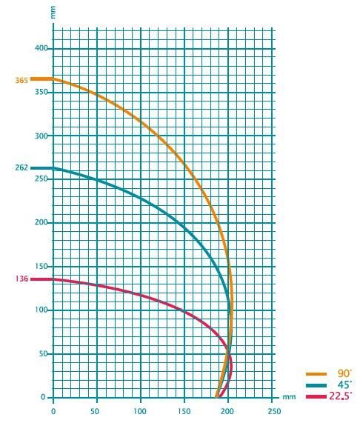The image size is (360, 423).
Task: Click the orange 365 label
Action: click(21, 81)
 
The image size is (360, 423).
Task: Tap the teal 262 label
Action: click(21, 168)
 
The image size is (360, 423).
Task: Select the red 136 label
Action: click(21, 279)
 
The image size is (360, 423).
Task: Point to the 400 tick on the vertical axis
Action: click(41, 48)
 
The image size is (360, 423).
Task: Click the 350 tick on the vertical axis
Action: click(41, 92)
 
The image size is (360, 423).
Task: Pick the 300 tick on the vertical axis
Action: click(41, 136)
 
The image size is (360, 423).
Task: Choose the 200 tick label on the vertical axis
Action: click(41, 222)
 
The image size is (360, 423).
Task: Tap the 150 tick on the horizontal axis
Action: click(184, 411)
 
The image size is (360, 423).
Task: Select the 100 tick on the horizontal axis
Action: click(141, 411)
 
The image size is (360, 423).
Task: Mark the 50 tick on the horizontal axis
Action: click(95, 411)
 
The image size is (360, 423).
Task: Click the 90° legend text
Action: click(344, 373)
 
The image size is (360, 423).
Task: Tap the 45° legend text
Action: click(344, 385)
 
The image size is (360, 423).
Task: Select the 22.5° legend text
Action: click(340, 396)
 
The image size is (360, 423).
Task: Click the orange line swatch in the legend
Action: click(316, 374)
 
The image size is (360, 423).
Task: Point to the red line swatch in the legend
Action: click(316, 396)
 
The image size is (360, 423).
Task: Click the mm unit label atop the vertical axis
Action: click(53, 13)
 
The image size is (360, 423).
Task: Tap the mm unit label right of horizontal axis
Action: click(289, 397)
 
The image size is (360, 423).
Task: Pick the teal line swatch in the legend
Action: click(316, 385)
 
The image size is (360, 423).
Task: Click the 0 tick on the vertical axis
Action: click(44, 397)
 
